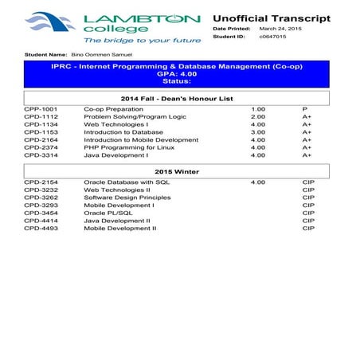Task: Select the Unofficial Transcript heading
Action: pos(271,18)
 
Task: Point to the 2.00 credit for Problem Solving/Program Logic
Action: pos(258,116)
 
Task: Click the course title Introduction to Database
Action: pos(120,132)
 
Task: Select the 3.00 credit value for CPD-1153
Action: pos(258,132)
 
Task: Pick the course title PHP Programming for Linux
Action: pos(123,147)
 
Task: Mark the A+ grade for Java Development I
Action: pos(307,155)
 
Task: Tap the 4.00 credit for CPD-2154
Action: pos(258,182)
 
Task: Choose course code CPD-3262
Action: pos(41,198)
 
